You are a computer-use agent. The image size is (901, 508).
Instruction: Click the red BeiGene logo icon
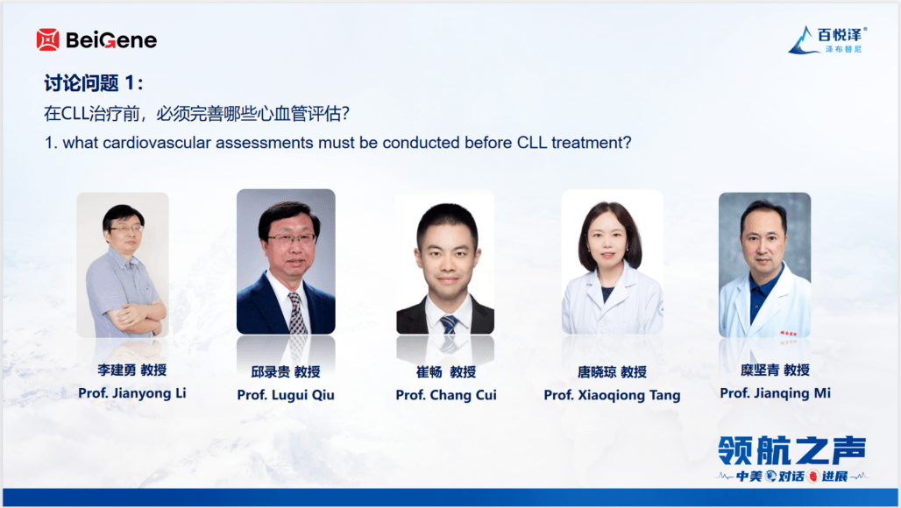(x=47, y=39)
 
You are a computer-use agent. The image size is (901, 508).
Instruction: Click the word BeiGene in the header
(x=111, y=40)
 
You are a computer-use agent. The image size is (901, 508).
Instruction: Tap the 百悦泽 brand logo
(x=827, y=39)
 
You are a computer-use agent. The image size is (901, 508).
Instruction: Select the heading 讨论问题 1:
(x=94, y=83)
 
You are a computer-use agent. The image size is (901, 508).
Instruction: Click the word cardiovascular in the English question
(x=156, y=143)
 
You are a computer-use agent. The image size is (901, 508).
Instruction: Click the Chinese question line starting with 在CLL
(x=196, y=114)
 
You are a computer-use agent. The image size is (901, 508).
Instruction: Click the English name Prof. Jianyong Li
(x=132, y=393)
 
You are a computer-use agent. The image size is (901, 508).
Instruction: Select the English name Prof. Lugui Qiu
(x=286, y=395)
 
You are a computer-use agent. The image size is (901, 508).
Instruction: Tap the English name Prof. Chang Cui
(x=446, y=395)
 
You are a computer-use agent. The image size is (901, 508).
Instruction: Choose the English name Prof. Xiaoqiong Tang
(x=612, y=395)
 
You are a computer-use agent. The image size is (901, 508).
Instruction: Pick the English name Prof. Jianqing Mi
(x=775, y=393)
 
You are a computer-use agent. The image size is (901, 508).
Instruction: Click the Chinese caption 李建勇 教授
(x=132, y=370)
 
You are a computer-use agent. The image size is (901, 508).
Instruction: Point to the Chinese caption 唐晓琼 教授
(x=612, y=372)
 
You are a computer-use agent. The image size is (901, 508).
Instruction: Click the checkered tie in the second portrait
(x=296, y=313)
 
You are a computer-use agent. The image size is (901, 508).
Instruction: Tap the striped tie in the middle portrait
(x=449, y=325)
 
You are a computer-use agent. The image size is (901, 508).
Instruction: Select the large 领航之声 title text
(x=791, y=450)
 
